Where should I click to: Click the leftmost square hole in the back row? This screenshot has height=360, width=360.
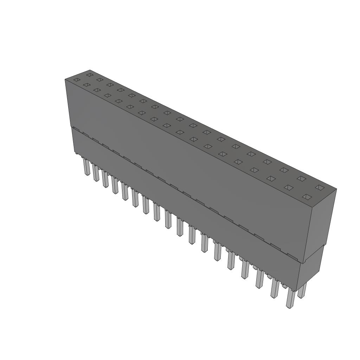[x=89, y=75]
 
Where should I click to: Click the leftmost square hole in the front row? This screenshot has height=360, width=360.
[x=77, y=80]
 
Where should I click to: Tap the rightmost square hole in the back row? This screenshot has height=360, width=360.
[x=319, y=187]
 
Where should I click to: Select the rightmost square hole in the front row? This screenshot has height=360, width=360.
[x=307, y=197]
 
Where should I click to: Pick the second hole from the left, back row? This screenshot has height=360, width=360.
[x=100, y=80]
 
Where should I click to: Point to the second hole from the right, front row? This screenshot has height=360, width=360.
[x=289, y=187]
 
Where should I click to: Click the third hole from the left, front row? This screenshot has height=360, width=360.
[x=97, y=90]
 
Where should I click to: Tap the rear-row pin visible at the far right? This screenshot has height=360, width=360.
[x=302, y=291]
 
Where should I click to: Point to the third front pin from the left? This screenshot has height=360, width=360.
[x=105, y=179]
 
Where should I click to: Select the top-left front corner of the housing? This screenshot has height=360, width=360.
[x=65, y=80]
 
